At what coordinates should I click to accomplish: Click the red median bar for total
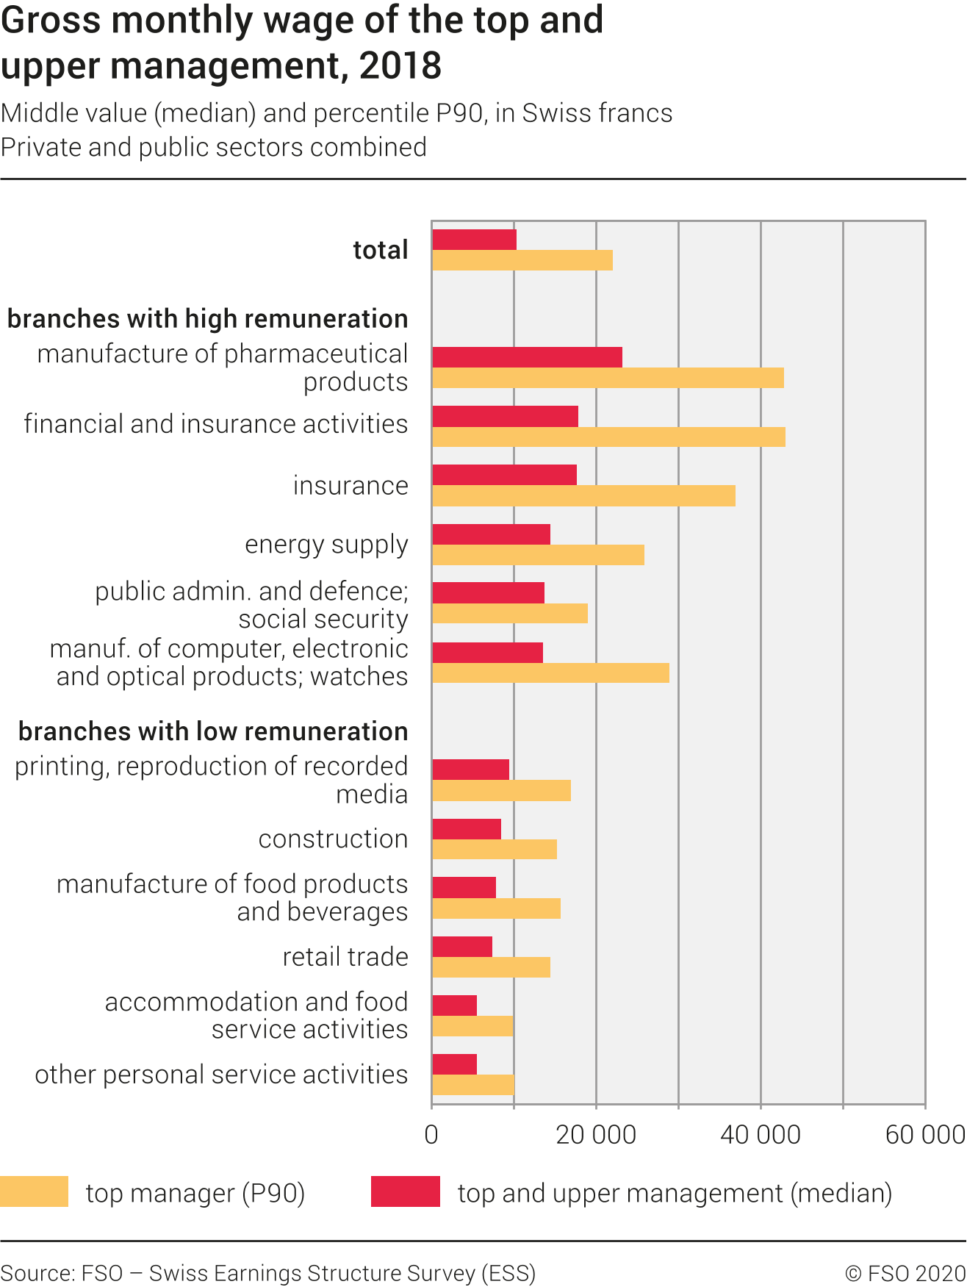tap(474, 240)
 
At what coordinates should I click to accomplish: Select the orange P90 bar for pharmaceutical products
tap(608, 378)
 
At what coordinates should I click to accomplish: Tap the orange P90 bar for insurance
tap(583, 496)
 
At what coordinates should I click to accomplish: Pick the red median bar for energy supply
tap(491, 534)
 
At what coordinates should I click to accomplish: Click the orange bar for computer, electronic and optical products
tap(550, 673)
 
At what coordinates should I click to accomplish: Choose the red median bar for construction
tap(467, 829)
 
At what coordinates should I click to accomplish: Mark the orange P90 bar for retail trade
tap(491, 967)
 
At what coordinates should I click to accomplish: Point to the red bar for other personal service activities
tap(454, 1064)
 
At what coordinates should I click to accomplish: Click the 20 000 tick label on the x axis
tap(596, 1135)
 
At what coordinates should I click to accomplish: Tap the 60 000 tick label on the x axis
tap(924, 1135)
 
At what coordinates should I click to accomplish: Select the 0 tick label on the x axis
tap(431, 1135)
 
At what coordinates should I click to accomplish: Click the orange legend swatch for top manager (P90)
tap(34, 1191)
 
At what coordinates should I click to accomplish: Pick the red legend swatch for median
tap(405, 1191)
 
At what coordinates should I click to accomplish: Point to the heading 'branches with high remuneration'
tap(207, 319)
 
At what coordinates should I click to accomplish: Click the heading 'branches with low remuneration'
tap(213, 731)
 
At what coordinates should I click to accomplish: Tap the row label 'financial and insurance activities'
tap(215, 424)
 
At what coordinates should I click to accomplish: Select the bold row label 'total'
tap(380, 250)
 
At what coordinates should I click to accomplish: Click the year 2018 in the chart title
tap(400, 66)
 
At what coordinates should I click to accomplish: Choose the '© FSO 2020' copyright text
tap(905, 1273)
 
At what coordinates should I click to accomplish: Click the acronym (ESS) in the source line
tap(508, 1273)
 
